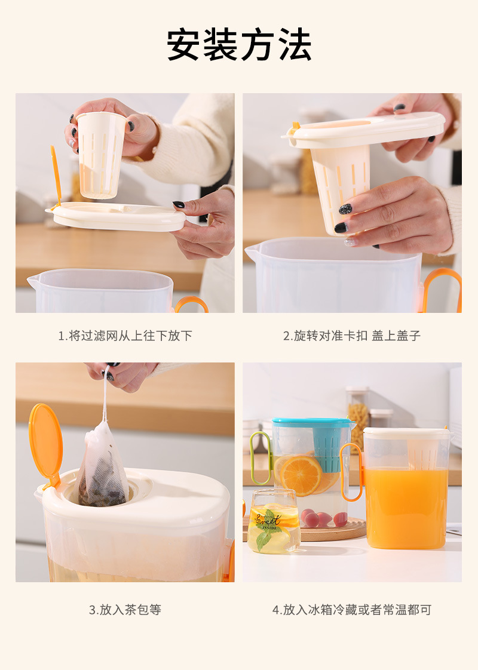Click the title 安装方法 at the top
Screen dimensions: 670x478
tap(239, 45)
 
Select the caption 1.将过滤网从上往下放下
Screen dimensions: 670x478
tap(125, 336)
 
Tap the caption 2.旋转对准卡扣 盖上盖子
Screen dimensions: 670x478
tap(352, 336)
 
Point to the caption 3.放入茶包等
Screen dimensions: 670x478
tap(125, 610)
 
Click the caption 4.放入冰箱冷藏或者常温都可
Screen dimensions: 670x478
tap(352, 610)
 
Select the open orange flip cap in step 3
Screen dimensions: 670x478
tap(45, 441)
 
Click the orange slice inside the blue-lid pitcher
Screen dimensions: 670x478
tap(301, 475)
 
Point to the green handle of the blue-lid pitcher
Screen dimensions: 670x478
tap(259, 457)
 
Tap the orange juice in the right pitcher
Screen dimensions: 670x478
tap(406, 508)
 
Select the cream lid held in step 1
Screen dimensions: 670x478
tap(117, 216)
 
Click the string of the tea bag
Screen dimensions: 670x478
tap(105, 394)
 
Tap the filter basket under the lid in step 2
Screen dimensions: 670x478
tap(341, 185)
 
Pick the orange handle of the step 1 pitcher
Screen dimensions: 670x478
tap(191, 303)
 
